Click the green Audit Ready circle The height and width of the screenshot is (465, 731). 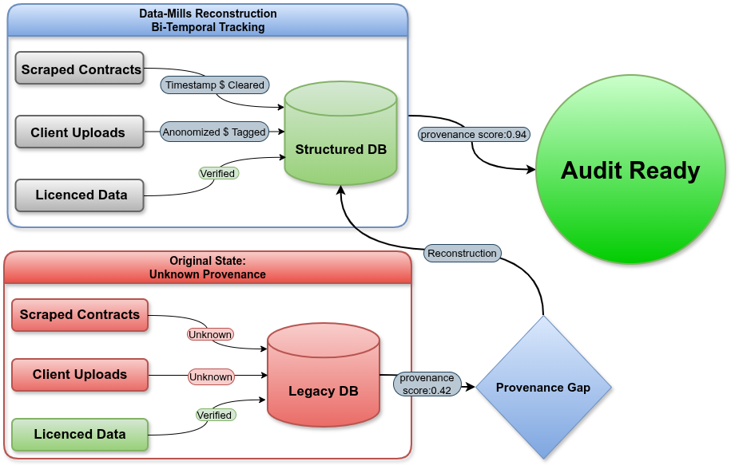630,170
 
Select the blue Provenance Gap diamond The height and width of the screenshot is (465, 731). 543,388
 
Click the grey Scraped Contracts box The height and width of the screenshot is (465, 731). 80,69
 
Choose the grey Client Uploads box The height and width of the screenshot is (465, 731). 79,132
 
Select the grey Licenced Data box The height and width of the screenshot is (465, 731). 81,195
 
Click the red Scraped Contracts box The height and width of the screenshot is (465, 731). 80,315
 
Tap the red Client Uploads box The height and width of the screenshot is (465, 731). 80,375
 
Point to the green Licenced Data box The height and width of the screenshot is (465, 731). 80,435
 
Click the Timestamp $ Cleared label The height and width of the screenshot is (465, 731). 214,85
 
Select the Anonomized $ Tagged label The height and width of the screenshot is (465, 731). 213,132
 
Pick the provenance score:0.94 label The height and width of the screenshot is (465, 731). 474,134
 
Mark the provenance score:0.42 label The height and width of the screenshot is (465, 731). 427,384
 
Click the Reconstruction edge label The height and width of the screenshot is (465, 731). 462,253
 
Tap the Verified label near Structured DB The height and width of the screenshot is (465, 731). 217,173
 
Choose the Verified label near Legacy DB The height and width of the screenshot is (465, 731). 214,415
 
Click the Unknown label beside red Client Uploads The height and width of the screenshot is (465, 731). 211,376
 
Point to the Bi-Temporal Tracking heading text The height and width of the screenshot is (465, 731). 208,27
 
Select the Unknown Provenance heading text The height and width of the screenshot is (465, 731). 208,274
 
